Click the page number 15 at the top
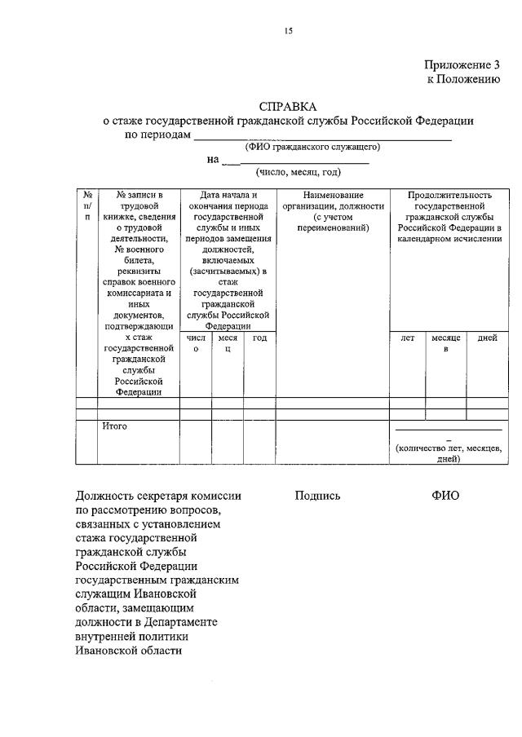pos(288,32)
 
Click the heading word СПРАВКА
pos(288,107)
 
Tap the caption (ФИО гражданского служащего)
pos(313,147)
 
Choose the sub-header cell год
pos(259,338)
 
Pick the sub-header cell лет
pos(407,338)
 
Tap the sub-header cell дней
pos(487,338)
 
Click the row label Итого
pos(115,426)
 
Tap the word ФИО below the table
pos(445,496)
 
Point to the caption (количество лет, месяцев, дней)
pos(448,453)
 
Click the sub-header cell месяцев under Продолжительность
pos(446,343)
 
